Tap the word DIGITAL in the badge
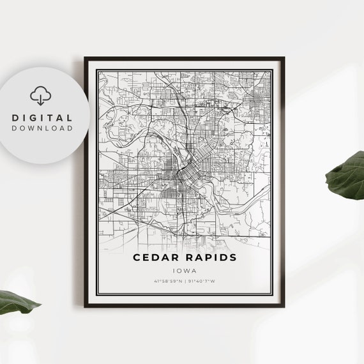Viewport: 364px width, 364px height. tap(42, 118)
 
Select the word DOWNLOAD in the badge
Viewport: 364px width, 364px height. tap(42, 128)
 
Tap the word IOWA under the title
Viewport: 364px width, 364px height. tap(184, 270)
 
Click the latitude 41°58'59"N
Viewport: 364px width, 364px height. tap(167, 281)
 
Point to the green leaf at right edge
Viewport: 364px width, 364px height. tap(347, 175)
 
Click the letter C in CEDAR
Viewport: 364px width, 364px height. tap(137, 257)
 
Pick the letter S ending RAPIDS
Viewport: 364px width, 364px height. tap(232, 257)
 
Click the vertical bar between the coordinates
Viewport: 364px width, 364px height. tap(185, 281)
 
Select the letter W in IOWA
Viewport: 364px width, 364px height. tap(186, 270)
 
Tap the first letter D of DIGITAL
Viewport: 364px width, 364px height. tap(15, 118)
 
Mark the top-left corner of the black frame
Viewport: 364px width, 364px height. tap(85, 58)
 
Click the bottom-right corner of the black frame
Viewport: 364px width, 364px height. tap(284, 307)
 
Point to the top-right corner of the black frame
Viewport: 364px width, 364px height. tap(284, 58)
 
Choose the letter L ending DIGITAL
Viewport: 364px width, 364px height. tap(69, 118)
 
